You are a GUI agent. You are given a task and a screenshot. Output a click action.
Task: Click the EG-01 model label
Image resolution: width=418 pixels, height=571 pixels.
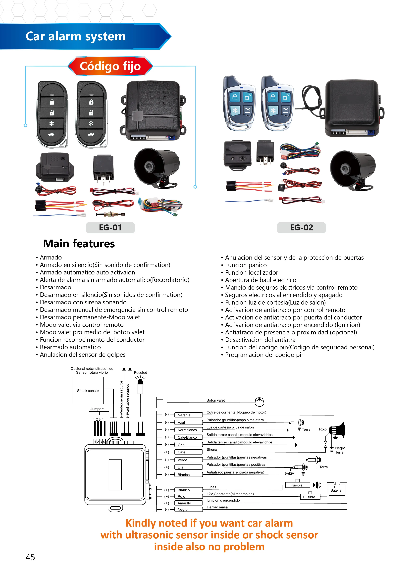coord(110,227)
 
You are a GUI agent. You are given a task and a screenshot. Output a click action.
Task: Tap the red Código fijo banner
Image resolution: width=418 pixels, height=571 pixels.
coord(110,66)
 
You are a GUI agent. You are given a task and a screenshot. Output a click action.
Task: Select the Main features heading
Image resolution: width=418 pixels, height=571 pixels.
coord(79,244)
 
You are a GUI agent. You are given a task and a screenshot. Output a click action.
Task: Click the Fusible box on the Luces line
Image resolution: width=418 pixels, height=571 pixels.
coord(297,485)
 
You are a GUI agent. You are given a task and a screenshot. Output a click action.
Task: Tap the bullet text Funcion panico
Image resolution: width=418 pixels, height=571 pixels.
coord(246,265)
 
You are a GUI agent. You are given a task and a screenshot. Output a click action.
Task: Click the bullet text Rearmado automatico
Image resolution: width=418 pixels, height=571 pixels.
coord(70,347)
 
